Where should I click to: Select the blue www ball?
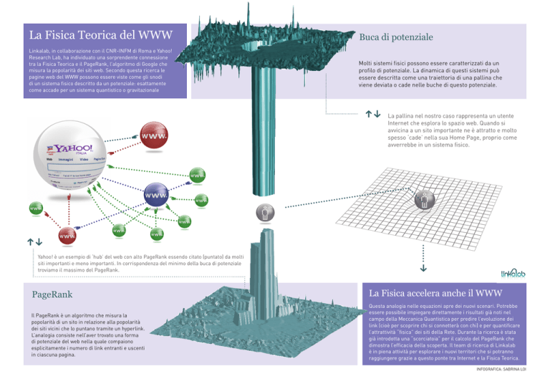coord(156,195)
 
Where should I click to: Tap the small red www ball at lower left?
coord(67,235)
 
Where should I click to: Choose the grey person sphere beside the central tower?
coord(265,212)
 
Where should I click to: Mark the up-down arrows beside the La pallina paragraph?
coord(372,113)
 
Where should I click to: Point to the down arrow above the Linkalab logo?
coord(423,269)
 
